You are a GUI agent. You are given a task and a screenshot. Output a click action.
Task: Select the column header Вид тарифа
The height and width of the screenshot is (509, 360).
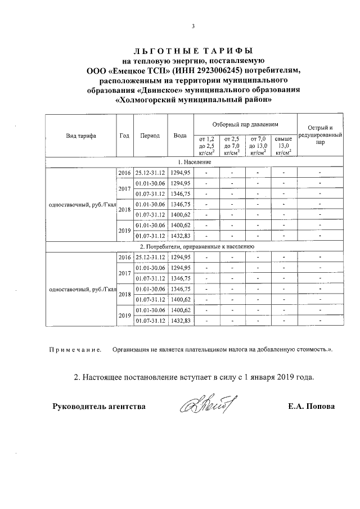pos(80,136)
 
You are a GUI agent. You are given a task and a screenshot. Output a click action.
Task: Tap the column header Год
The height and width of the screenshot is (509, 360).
pos(124,136)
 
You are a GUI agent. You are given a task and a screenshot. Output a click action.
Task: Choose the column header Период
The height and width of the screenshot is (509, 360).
pos(150,136)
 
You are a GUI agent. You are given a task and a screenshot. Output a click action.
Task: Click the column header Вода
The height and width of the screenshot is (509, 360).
pos(180,136)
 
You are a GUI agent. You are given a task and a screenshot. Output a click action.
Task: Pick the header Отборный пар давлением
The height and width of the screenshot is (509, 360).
pos(245,123)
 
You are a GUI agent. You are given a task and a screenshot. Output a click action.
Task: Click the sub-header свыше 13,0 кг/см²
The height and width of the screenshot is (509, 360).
pos(283,145)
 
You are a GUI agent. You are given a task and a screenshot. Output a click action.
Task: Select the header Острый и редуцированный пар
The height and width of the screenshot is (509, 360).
pos(319,136)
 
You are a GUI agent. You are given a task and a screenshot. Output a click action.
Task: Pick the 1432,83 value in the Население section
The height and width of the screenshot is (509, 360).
pos(181,236)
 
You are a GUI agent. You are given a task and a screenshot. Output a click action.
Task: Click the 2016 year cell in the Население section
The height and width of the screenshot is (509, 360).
pos(124,173)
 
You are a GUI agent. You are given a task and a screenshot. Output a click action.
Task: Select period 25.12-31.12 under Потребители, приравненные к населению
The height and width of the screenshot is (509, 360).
pos(150,257)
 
